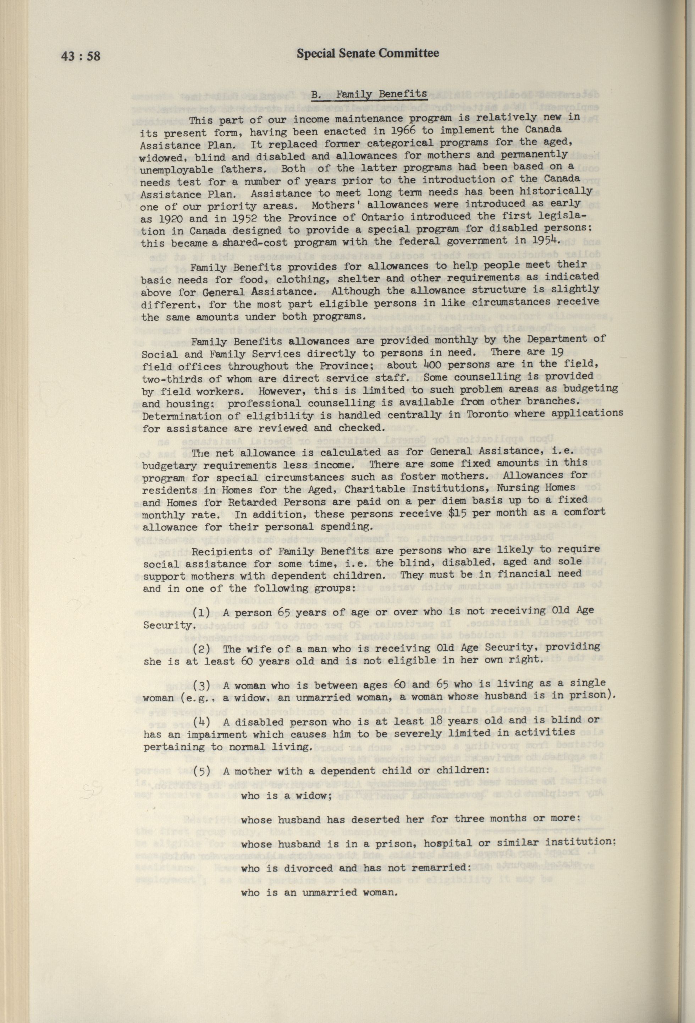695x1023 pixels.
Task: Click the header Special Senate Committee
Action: coord(368,54)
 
